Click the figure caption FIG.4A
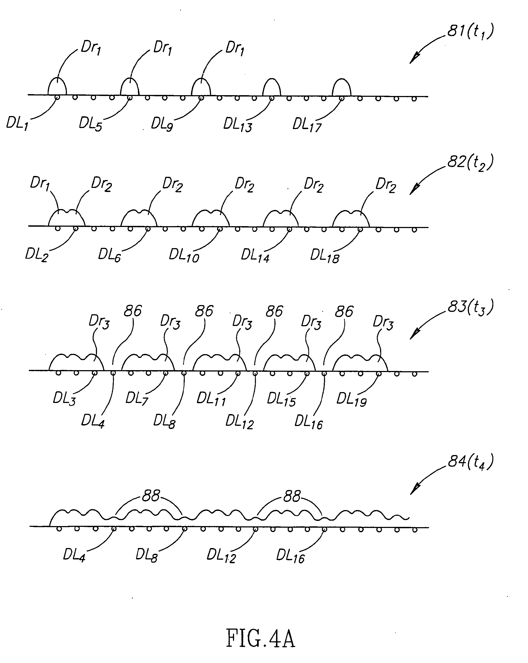tap(260, 638)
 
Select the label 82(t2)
tap(470, 162)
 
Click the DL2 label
tap(37, 255)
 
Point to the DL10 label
tap(184, 255)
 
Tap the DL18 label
tap(324, 256)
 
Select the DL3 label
tap(64, 399)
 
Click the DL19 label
tap(351, 400)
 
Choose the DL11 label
tap(211, 399)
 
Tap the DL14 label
tap(255, 255)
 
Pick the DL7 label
tap(137, 399)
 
